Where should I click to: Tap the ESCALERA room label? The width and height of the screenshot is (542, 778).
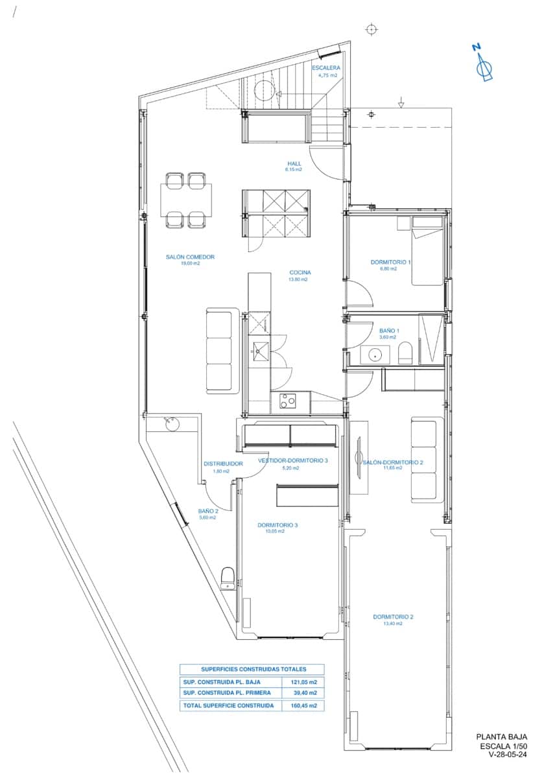tap(325, 68)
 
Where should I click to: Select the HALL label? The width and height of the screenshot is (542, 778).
tap(294, 163)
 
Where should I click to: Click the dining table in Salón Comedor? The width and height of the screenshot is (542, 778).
tap(186, 200)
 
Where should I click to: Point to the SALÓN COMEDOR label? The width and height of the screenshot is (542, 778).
tap(190, 257)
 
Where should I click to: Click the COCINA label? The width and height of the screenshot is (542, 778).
tap(300, 273)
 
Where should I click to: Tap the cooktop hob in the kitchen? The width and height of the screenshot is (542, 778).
tap(288, 401)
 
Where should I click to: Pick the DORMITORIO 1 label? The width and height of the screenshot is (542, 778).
tap(390, 262)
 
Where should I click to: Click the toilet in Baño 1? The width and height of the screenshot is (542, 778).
tap(405, 352)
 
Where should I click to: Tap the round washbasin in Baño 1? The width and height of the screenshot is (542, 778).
tap(375, 355)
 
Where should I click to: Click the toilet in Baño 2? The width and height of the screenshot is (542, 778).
tap(228, 578)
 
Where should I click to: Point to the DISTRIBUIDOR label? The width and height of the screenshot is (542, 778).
tap(223, 464)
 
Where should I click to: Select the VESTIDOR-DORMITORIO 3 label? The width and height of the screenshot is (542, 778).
tap(292, 460)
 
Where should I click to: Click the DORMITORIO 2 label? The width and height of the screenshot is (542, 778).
tap(393, 617)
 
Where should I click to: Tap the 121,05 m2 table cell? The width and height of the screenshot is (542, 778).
tap(304, 682)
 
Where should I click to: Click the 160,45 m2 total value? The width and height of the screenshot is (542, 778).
tap(304, 705)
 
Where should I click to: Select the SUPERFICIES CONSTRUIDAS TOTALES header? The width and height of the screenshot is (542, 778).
tap(253, 669)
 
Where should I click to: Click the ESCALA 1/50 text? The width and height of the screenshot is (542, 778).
tap(504, 746)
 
